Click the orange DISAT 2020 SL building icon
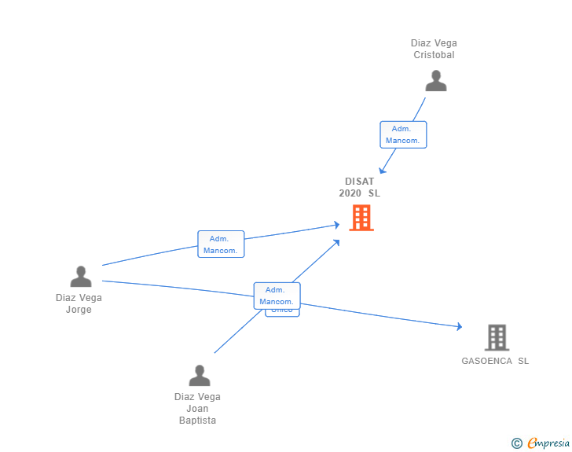(x=361, y=218)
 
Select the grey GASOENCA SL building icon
(x=497, y=337)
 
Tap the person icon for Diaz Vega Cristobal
(x=435, y=81)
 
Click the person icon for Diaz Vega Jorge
(x=80, y=277)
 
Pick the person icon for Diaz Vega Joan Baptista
(x=200, y=376)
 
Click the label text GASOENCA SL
(x=495, y=361)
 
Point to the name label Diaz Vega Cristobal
(x=434, y=49)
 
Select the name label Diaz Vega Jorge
(x=79, y=303)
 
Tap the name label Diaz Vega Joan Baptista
(x=197, y=408)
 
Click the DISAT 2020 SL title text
(x=359, y=187)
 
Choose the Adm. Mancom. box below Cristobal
(x=403, y=134)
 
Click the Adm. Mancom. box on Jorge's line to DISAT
(x=221, y=244)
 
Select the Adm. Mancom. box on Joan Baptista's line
(x=277, y=296)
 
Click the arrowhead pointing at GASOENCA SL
(x=459, y=326)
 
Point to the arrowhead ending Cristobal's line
(x=382, y=170)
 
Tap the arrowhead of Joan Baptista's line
(x=336, y=242)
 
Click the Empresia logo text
(x=548, y=443)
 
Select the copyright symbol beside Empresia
(x=517, y=443)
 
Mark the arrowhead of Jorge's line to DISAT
(x=336, y=225)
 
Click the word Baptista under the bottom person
(x=197, y=421)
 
